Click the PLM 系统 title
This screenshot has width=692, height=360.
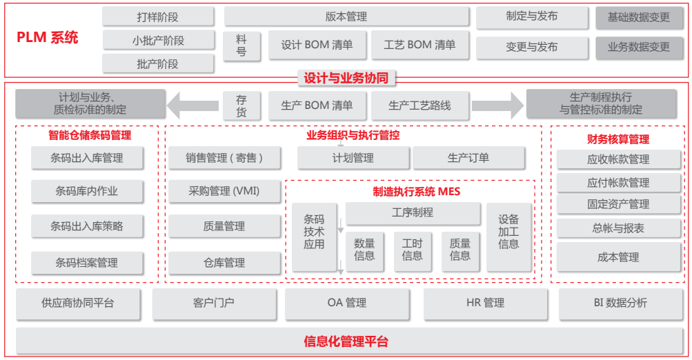48,38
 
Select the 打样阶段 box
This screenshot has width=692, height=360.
158,17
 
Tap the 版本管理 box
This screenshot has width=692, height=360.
346,17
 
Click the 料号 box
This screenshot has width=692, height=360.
241,46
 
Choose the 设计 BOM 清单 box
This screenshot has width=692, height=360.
317,46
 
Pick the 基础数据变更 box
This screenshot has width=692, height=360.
638,17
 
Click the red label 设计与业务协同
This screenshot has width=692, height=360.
346,78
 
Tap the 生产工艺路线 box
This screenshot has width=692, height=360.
419,106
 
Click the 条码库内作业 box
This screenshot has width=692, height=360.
87,191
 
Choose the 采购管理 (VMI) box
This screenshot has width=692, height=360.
224,191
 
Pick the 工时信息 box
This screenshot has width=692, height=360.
412,250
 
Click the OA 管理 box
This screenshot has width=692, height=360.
347,303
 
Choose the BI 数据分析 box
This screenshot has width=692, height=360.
620,303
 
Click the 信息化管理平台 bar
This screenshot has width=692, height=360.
346,341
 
